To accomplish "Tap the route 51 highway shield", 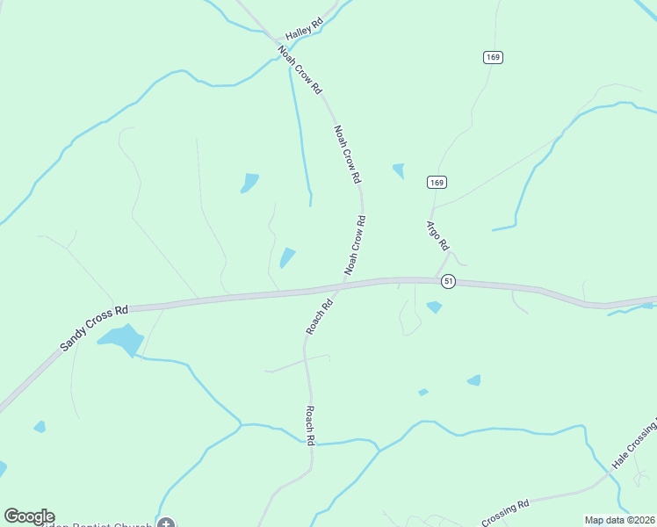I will click(449, 281).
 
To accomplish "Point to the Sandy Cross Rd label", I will click(94, 328).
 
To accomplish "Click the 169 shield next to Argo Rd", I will click(437, 182).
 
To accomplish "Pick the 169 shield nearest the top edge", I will click(492, 57).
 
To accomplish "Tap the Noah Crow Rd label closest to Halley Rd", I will click(300, 70).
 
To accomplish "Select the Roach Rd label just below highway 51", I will click(319, 317).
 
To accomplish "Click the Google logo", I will click(29, 516).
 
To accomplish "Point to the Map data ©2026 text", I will click(620, 520).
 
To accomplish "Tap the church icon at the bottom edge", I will click(165, 523).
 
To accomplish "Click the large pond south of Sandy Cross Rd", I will click(121, 339).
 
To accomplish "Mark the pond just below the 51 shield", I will click(434, 307).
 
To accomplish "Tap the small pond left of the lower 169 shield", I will click(399, 170).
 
